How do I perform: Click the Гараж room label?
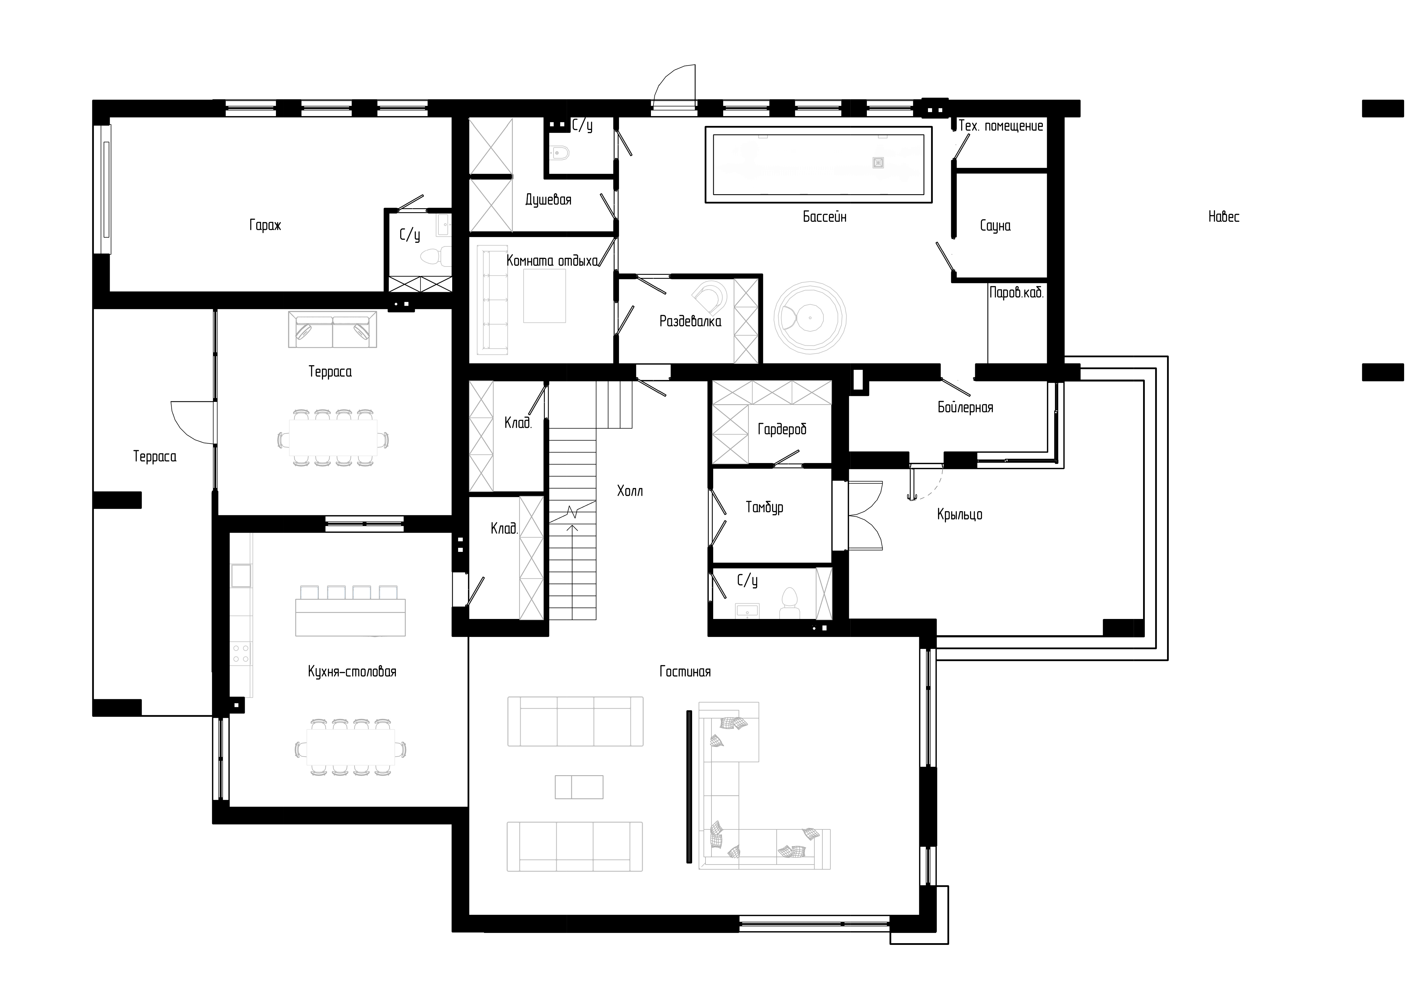pyautogui.click(x=265, y=225)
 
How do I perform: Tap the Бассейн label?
pyautogui.click(x=825, y=217)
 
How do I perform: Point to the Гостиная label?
pyautogui.click(x=685, y=671)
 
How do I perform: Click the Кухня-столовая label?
pyautogui.click(x=352, y=671)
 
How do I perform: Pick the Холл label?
pyautogui.click(x=630, y=491)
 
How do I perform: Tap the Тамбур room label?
pyautogui.click(x=765, y=507)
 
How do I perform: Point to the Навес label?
pyautogui.click(x=1224, y=217)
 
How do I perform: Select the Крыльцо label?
pyautogui.click(x=960, y=515)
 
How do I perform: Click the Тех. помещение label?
pyautogui.click(x=1001, y=126)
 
